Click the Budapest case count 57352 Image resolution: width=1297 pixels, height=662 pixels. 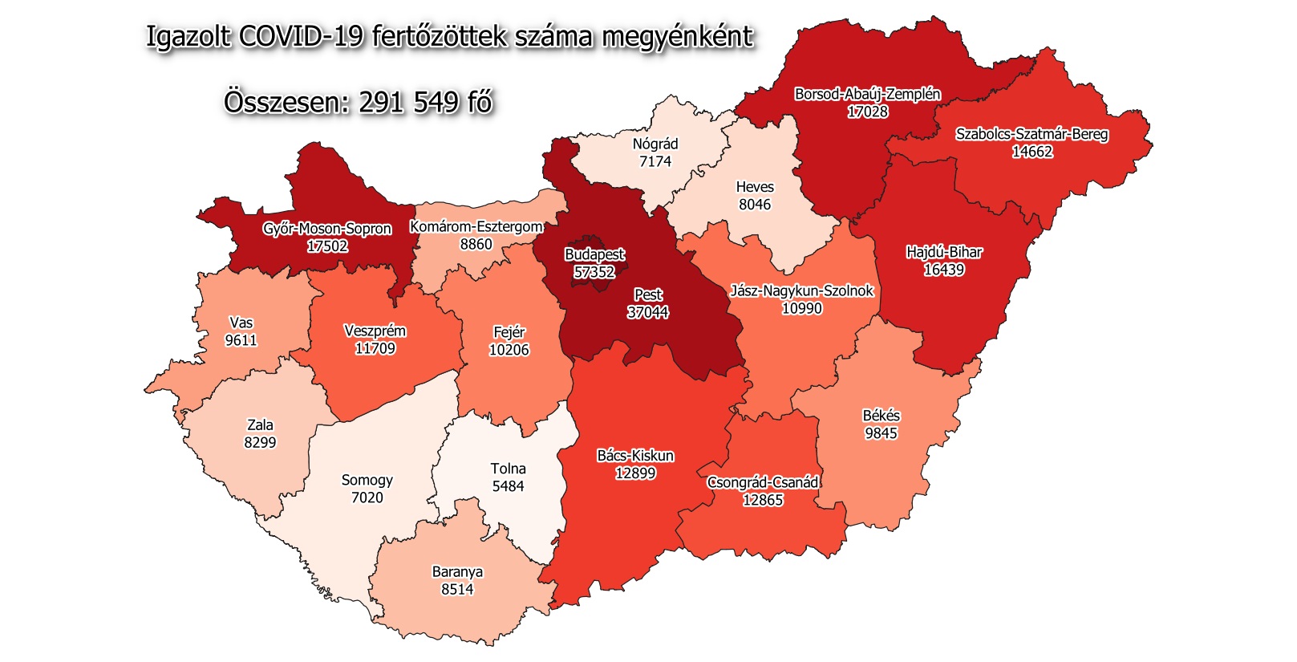[594, 273]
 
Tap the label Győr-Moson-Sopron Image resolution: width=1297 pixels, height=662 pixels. [327, 229]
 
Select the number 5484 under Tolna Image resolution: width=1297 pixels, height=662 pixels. [508, 486]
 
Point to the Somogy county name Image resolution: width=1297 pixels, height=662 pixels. [367, 480]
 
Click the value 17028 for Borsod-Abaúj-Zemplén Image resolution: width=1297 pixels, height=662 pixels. [868, 112]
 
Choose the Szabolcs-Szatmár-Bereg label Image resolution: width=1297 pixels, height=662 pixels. [1032, 134]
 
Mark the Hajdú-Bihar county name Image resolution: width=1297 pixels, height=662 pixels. [944, 252]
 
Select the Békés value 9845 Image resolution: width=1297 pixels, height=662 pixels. [881, 433]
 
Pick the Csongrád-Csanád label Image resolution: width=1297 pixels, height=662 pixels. [763, 482]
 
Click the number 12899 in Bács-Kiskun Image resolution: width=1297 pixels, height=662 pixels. [635, 473]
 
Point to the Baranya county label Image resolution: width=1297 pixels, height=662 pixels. [457, 572]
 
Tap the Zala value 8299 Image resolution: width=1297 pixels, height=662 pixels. [260, 443]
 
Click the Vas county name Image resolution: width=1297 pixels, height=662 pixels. [241, 323]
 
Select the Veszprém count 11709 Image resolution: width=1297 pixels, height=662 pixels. [375, 349]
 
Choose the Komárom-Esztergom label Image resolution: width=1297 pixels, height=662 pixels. [476, 227]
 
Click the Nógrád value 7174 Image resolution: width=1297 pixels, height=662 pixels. [655, 162]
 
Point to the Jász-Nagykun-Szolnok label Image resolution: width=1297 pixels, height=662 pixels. [801, 290]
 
